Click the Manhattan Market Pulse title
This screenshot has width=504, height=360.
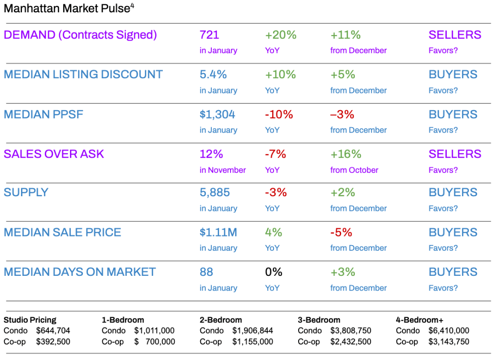(x=69, y=9)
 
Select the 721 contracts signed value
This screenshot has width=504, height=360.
(x=209, y=35)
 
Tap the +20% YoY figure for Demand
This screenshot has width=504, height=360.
(x=280, y=35)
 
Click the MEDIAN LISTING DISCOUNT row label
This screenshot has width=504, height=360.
(x=83, y=75)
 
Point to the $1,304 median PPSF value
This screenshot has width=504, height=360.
(x=217, y=114)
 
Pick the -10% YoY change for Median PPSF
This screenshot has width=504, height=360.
(x=279, y=114)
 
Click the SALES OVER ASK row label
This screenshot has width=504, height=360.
(x=54, y=154)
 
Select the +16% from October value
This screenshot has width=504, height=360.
(x=346, y=154)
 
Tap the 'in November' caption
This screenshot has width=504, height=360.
(x=223, y=170)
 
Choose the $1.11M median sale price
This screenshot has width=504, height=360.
(x=218, y=232)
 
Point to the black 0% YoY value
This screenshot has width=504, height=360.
(x=273, y=272)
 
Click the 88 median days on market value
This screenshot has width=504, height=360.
(x=206, y=272)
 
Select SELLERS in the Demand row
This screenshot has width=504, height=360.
(x=455, y=35)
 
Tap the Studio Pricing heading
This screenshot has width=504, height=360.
(x=30, y=320)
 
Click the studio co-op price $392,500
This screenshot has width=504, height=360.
(x=53, y=342)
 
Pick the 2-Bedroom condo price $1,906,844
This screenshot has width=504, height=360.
(x=252, y=331)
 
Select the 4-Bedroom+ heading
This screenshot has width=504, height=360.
(x=419, y=320)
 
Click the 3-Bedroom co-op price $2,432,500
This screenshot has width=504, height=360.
(x=351, y=342)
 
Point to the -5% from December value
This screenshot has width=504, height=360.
(x=341, y=232)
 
